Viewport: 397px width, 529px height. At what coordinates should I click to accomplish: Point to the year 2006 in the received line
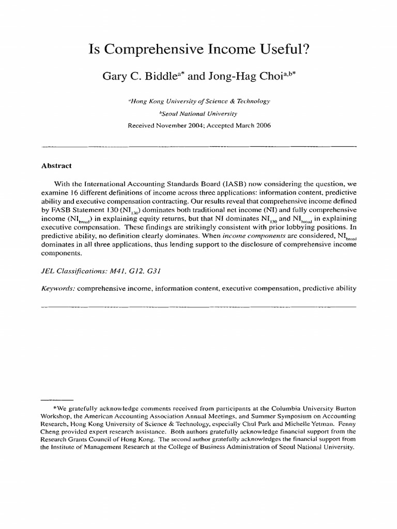[262, 125]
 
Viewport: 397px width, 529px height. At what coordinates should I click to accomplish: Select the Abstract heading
[56, 166]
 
